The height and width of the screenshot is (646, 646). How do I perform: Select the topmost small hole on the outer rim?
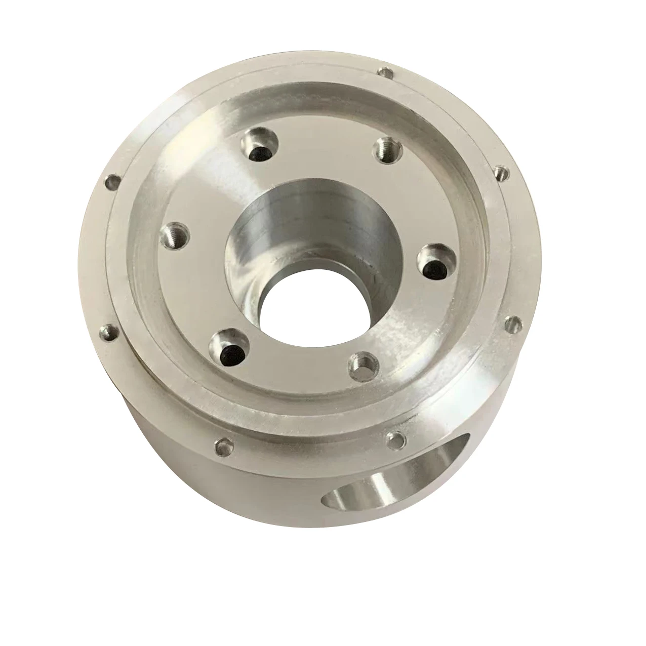point(388,73)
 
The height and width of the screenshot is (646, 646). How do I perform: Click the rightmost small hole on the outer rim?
point(513,322)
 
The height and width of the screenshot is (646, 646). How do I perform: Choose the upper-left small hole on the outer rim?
point(112,181)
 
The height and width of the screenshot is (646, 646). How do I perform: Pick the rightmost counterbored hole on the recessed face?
point(435,262)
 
